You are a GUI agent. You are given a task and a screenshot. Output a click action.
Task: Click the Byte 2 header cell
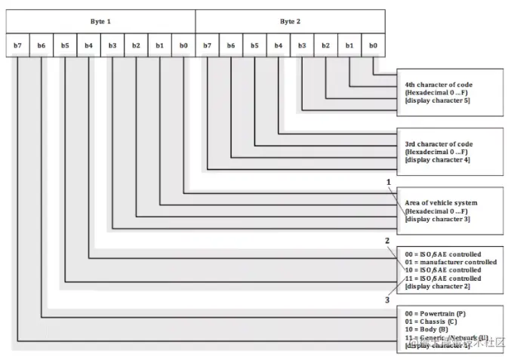(290, 21)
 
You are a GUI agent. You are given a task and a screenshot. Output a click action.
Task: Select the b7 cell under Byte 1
(17, 45)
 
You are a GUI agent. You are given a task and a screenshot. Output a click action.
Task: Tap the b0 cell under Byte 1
(183, 45)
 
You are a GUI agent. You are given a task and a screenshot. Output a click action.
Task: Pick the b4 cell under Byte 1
(88, 45)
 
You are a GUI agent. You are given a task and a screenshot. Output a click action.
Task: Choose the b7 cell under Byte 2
(207, 45)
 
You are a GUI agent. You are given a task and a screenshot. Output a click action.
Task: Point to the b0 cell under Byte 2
(373, 45)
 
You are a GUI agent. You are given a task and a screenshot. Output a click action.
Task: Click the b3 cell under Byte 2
(302, 45)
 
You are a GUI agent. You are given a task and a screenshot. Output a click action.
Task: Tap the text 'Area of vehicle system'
(441, 203)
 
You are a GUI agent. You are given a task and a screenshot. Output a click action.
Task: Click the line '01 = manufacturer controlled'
(451, 262)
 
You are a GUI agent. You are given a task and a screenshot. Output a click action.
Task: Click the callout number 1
(389, 182)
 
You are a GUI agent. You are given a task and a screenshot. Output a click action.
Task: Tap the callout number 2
(387, 241)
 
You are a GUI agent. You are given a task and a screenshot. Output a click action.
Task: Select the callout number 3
(387, 300)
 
